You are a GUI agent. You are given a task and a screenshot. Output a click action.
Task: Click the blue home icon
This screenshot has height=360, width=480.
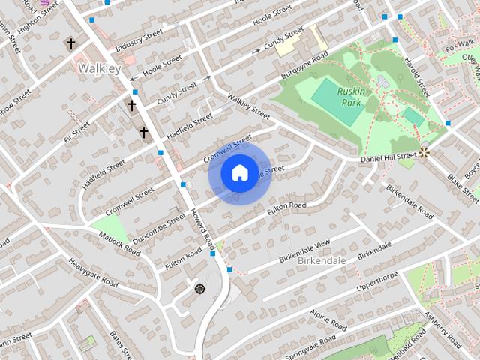[239, 172]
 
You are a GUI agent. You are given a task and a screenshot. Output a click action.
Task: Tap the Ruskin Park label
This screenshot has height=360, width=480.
[351, 95]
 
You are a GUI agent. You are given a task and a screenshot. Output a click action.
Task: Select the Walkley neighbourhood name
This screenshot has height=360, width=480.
[98, 68]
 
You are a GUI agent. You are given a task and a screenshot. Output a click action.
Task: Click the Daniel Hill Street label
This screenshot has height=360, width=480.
[388, 157]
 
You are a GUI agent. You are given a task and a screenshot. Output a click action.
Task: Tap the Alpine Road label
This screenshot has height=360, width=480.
[328, 319]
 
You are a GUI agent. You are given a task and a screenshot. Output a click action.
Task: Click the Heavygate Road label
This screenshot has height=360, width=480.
[93, 273]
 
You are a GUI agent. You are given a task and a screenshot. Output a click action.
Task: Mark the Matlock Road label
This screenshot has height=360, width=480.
[119, 244]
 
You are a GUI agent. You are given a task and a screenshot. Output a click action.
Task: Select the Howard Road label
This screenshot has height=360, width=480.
[203, 229]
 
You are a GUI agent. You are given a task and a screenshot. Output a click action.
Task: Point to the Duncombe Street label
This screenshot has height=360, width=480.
[158, 229]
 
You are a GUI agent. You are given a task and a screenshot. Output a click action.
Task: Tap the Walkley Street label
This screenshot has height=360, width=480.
[248, 106]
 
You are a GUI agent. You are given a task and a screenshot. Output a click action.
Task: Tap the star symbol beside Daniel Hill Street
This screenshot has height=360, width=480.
[424, 152]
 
